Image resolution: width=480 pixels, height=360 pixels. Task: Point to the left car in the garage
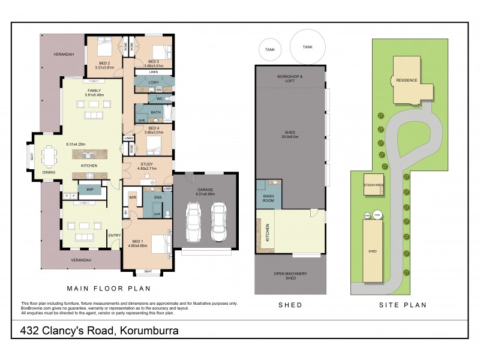[x=194, y=223]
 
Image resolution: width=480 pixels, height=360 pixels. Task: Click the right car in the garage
[x=218, y=223]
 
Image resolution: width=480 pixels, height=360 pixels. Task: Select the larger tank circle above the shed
[x=307, y=47]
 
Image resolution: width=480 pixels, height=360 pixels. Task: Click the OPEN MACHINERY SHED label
[x=290, y=276]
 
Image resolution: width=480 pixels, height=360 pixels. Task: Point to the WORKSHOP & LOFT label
[x=290, y=79]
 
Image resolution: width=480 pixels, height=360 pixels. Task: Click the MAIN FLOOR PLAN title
[x=108, y=289]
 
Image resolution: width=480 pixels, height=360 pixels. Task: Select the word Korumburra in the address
[x=149, y=330]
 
